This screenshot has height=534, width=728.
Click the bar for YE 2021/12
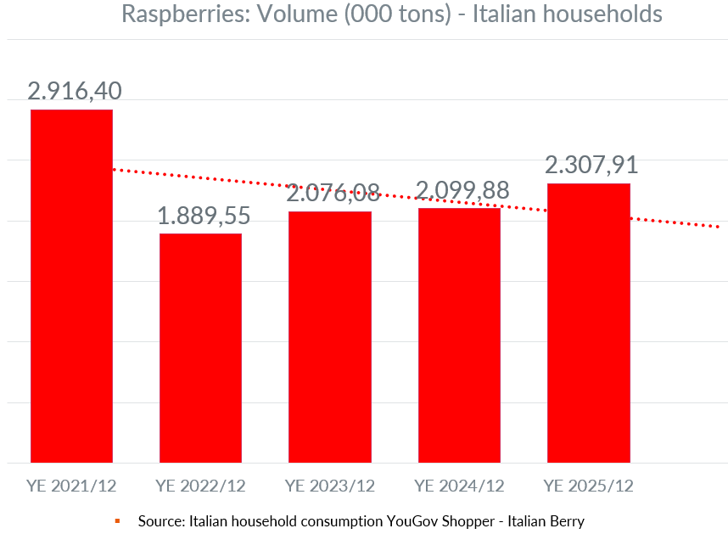71,286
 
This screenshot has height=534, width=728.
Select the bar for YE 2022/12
200,348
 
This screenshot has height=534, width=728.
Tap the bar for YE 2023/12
330,337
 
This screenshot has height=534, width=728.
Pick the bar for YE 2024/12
459,335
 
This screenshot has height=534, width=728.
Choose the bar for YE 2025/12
588,323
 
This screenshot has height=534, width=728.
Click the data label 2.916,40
75,91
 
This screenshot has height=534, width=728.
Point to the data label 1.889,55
204,216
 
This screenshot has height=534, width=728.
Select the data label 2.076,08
333,193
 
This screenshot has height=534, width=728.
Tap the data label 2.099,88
462,189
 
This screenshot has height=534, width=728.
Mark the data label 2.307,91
591,165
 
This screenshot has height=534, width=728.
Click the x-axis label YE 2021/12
71,486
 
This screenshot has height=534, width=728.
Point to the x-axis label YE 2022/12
200,486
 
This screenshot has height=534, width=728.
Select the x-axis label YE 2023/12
330,486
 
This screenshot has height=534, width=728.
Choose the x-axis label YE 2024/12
459,486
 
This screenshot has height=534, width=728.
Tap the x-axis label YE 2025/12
588,486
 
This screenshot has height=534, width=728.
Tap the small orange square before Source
117,520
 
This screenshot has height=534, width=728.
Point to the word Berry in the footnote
565,520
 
